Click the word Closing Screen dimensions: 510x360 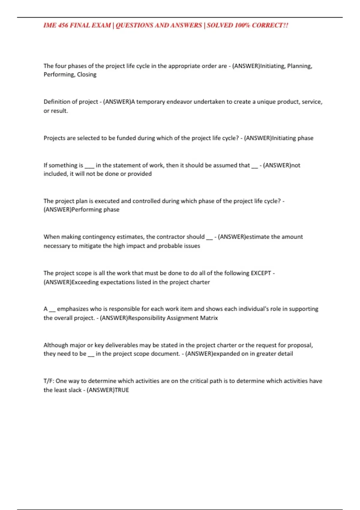[87, 74]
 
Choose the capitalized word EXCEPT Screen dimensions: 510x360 [261, 273]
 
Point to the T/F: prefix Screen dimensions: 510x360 [49, 381]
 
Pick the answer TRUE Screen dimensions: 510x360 [122, 390]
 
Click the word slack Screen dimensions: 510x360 [75, 390]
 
